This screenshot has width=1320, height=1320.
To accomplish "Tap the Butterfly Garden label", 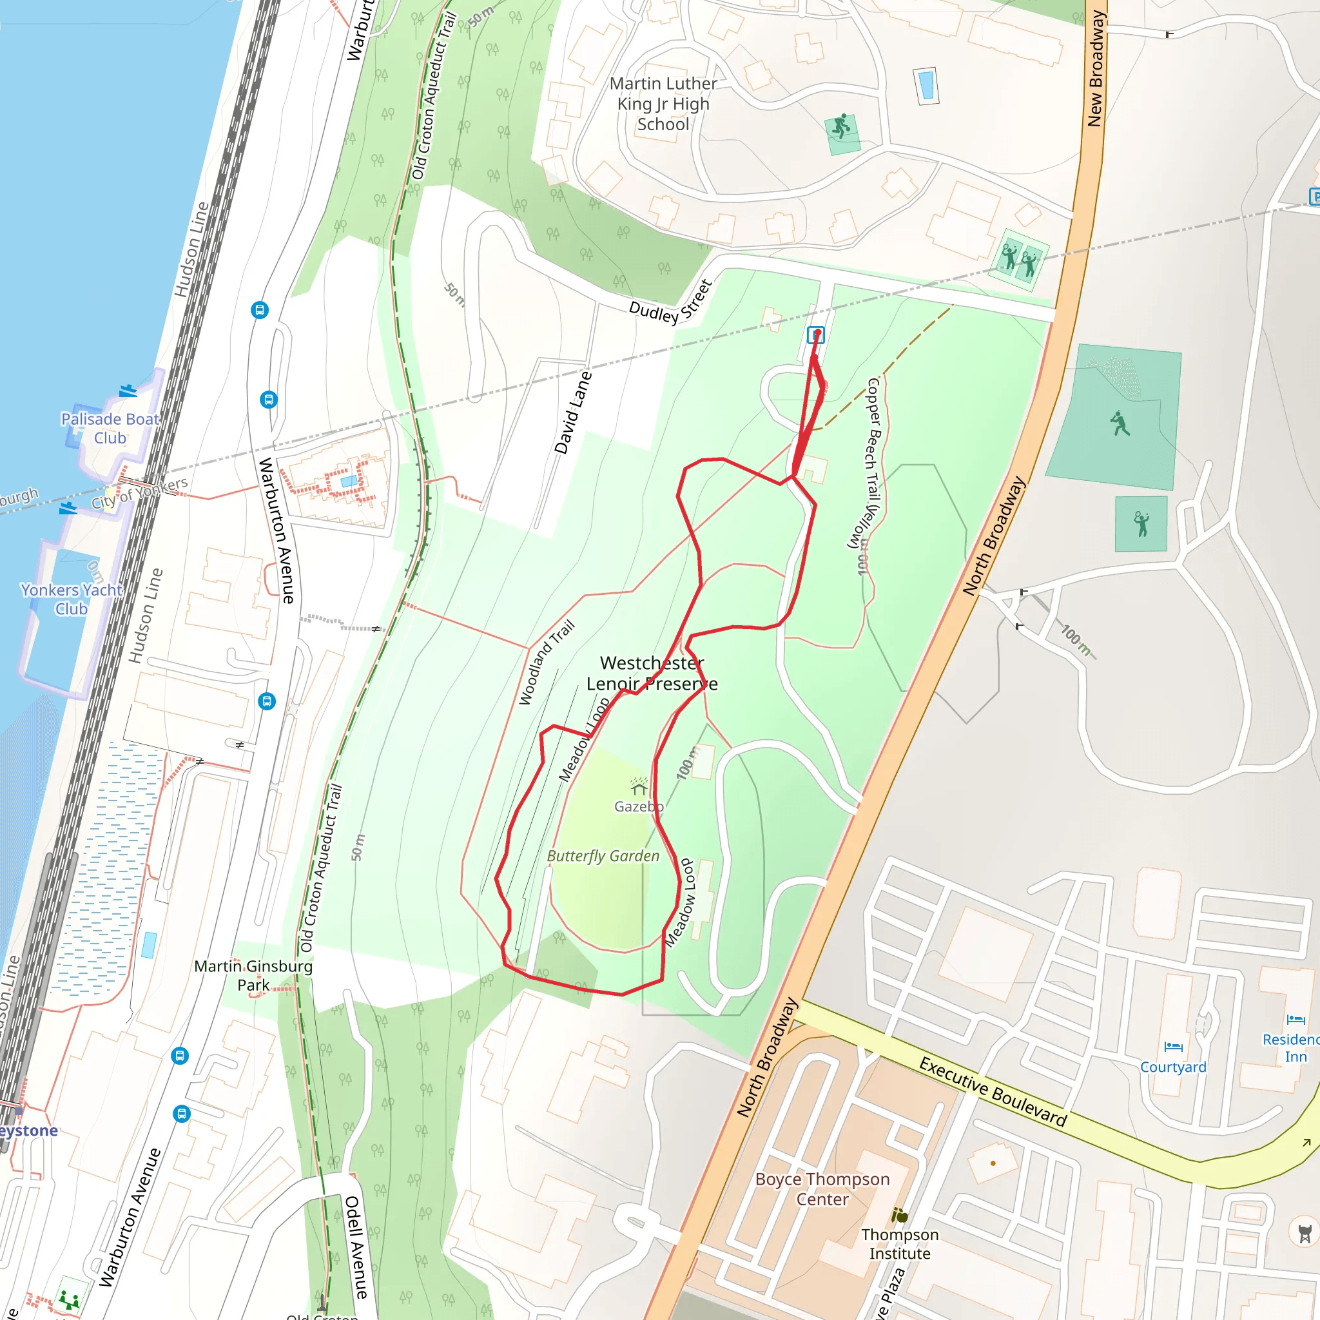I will click(603, 856).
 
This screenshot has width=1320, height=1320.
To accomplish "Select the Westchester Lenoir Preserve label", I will click(652, 673).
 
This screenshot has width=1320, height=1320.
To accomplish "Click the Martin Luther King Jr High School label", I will click(663, 104).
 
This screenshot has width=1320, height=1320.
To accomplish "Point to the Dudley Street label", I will click(671, 304).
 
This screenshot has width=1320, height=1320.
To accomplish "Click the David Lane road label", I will click(572, 412).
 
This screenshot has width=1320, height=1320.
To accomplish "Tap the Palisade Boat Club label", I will click(110, 429).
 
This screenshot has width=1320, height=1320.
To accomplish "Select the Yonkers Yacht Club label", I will click(71, 599).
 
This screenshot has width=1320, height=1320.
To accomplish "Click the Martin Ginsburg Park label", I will click(253, 975).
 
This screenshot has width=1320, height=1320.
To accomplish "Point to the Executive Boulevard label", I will click(993, 1091).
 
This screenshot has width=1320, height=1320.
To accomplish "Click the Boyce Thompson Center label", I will click(822, 1189).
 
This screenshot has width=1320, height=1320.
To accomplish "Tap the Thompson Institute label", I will click(899, 1243).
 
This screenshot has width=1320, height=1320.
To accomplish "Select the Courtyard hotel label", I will click(1173, 1067).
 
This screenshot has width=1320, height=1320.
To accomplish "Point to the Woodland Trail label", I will click(547, 662).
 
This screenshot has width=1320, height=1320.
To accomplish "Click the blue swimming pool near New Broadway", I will click(926, 86).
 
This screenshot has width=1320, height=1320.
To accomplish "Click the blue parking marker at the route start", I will click(816, 335).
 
